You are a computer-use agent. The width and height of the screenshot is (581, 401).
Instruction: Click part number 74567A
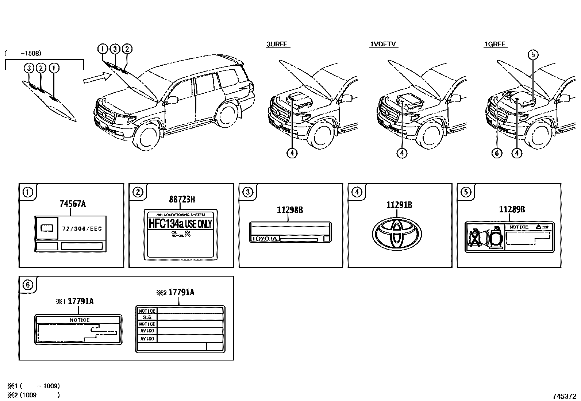(73, 204)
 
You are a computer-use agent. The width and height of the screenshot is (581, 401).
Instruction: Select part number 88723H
(182, 199)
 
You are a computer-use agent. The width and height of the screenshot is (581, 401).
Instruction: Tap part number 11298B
(290, 210)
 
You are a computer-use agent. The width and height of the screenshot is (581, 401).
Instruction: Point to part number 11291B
(399, 205)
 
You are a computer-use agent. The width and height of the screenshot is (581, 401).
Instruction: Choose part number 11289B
(512, 209)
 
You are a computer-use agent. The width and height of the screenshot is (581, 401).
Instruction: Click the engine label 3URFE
(277, 45)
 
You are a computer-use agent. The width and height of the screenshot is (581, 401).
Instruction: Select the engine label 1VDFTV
(383, 45)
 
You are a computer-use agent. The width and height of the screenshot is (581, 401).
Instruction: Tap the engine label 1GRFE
(495, 45)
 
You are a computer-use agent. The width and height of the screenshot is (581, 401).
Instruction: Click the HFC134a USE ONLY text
(180, 223)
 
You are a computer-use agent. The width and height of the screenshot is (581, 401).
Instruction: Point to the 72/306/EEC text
(82, 229)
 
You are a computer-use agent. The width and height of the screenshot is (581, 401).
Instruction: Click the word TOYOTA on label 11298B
(264, 239)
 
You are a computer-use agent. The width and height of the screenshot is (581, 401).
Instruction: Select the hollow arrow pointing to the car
(97, 77)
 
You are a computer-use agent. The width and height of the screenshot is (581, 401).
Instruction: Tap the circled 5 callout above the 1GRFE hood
(533, 55)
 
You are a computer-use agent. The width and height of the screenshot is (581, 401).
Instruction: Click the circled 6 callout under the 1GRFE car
(497, 153)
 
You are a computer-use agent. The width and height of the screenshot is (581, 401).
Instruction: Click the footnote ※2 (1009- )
(33, 395)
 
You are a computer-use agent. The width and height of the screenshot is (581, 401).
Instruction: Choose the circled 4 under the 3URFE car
(292, 153)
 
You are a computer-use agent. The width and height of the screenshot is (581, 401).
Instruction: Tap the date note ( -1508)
(23, 53)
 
